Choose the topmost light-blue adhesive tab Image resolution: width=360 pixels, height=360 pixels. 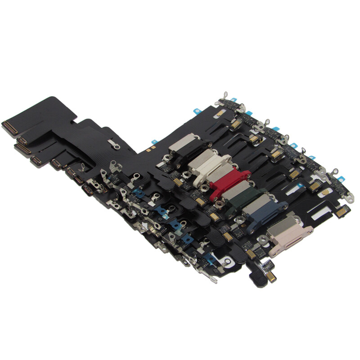click(234, 99)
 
